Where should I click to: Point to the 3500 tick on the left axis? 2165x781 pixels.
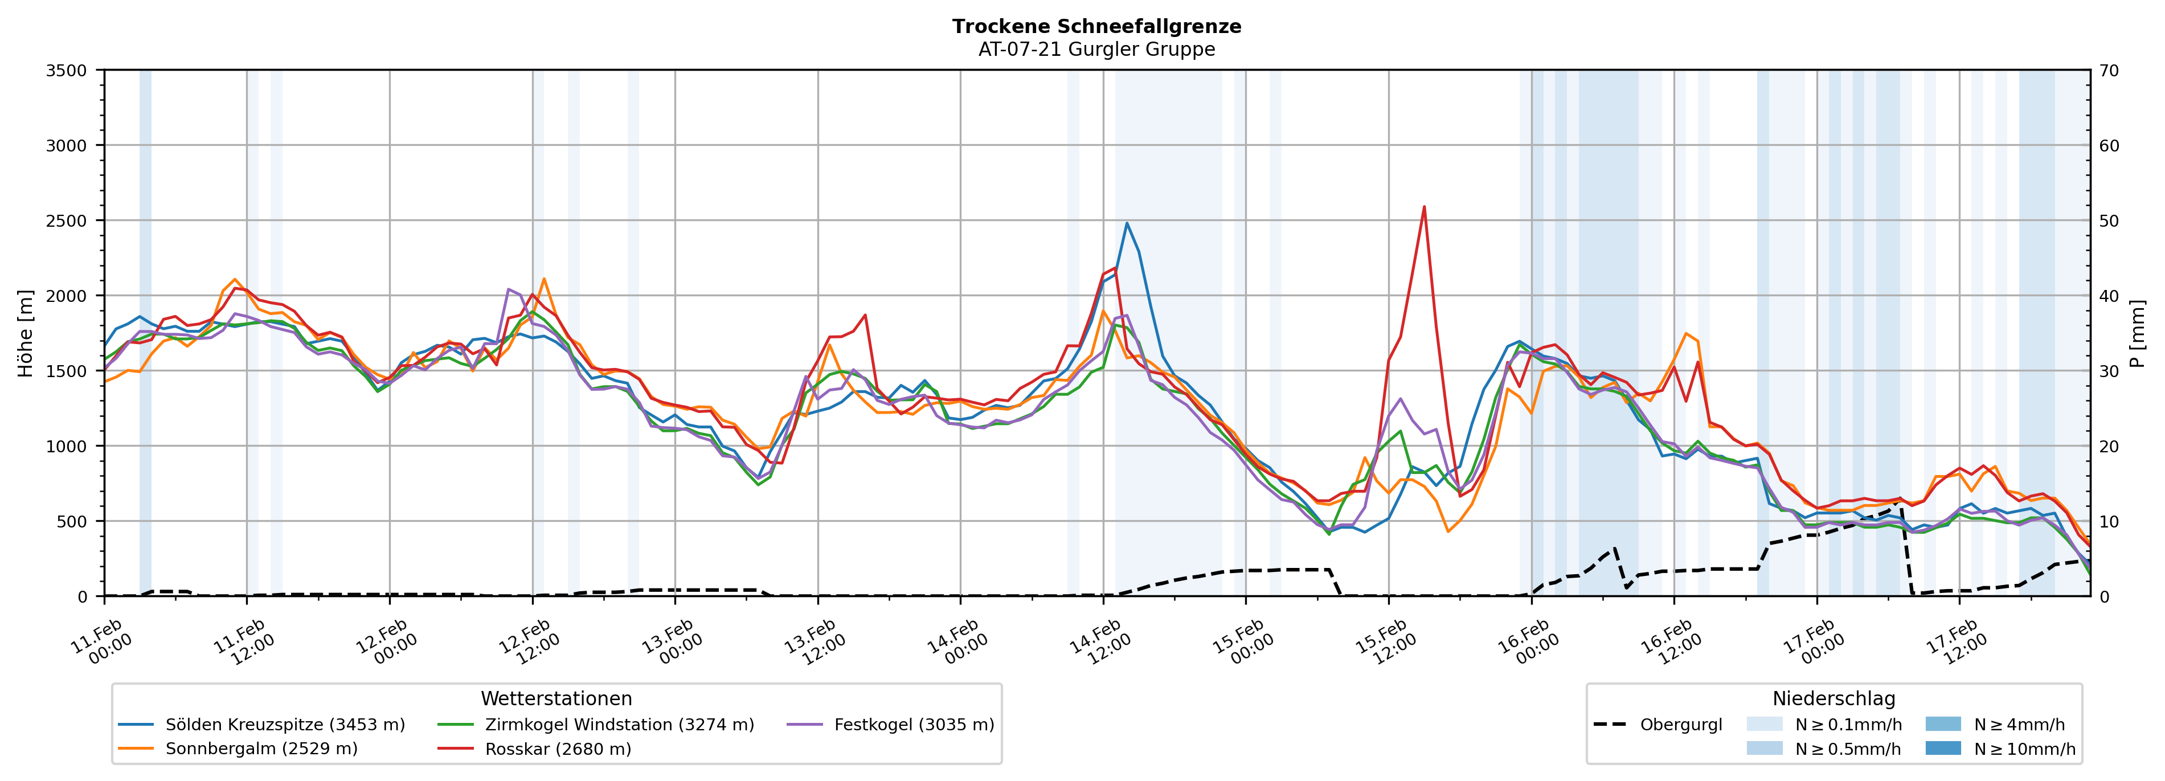[x=67, y=71]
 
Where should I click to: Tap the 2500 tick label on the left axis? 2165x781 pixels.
[x=67, y=221]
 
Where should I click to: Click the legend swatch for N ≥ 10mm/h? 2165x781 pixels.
[x=1942, y=748]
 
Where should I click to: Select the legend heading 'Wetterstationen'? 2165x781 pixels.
[x=556, y=698]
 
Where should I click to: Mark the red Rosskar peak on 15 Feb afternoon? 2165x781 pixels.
[x=1424, y=207]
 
